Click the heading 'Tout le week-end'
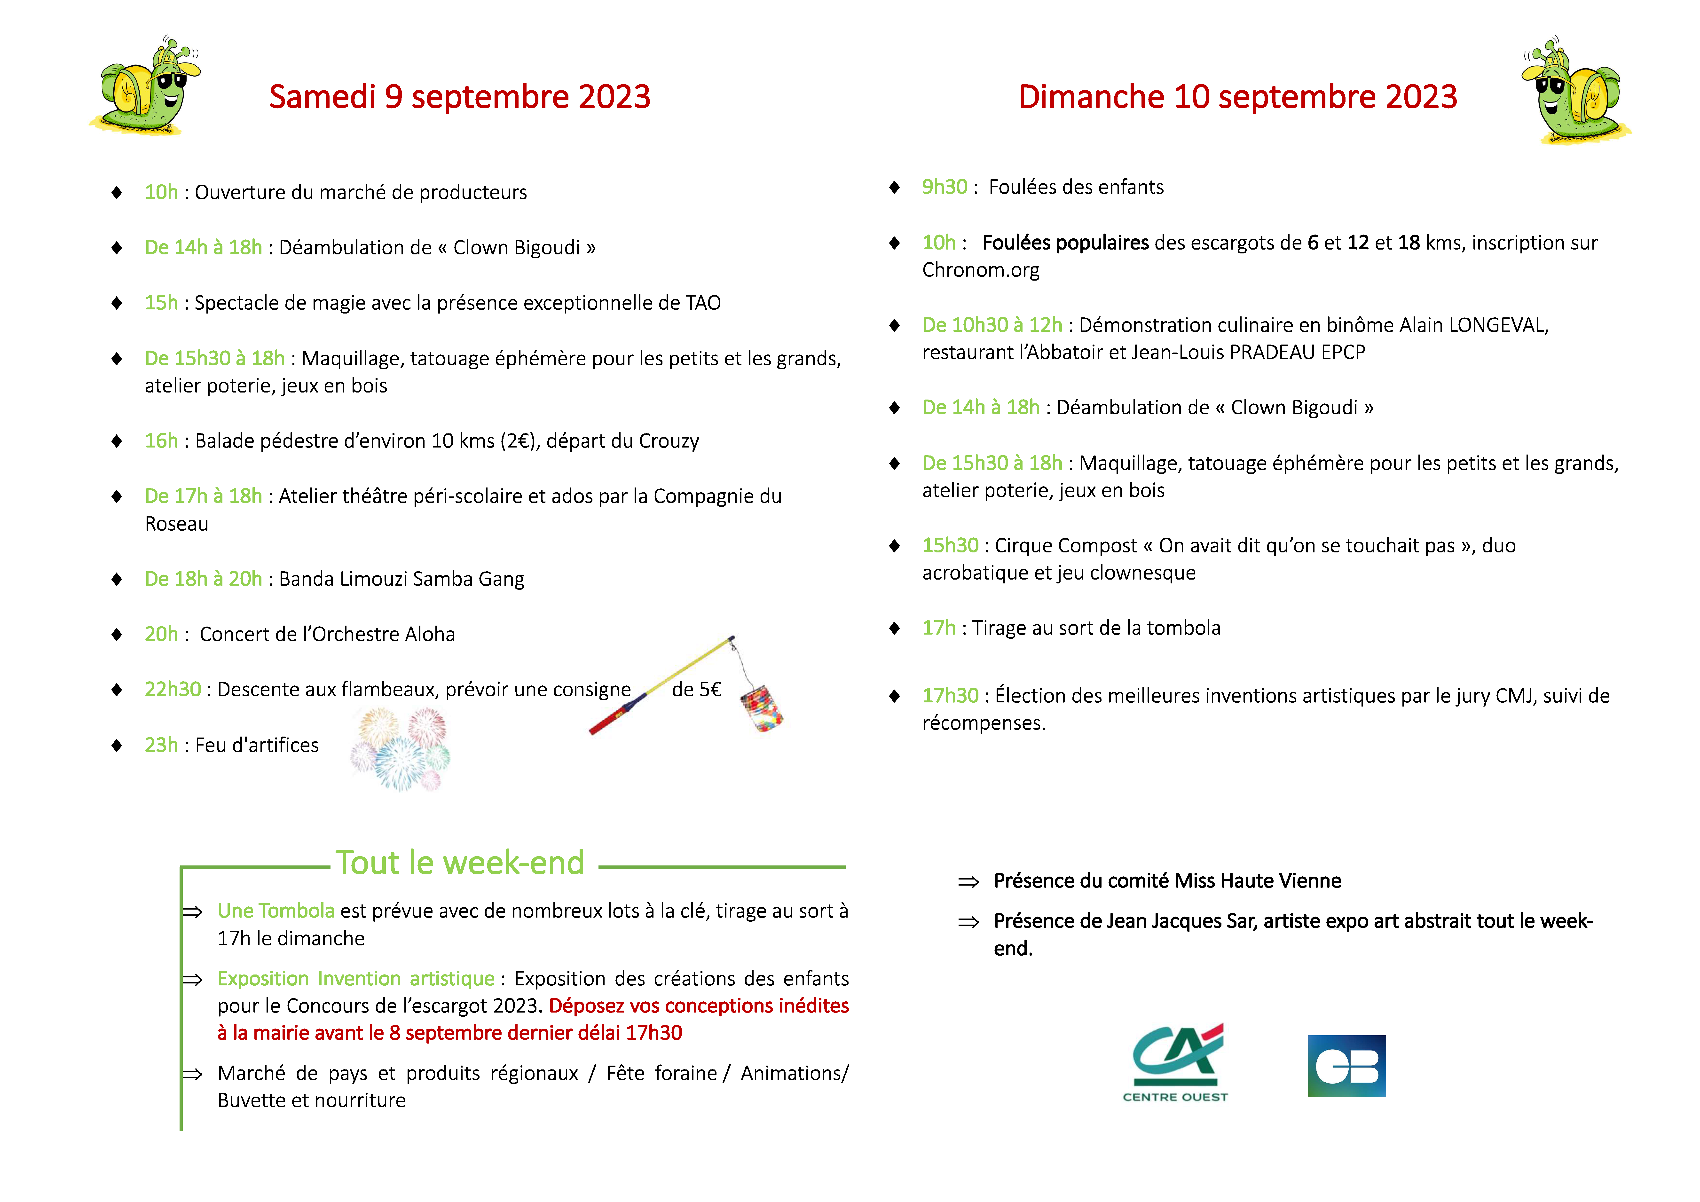click(460, 863)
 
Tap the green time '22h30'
click(173, 690)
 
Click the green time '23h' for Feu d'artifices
click(161, 745)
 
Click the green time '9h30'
click(944, 187)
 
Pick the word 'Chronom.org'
click(980, 270)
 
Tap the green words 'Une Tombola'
click(275, 911)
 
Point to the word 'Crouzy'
click(669, 441)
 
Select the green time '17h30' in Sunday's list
click(950, 695)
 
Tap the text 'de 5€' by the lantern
click(696, 690)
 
